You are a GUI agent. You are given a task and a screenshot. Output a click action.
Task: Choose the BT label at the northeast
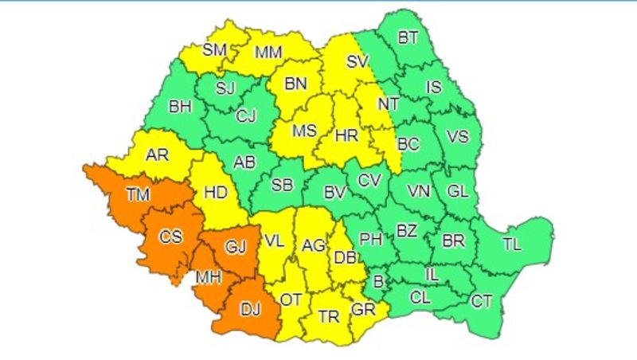click(408, 37)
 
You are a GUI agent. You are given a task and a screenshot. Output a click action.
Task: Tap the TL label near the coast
click(511, 245)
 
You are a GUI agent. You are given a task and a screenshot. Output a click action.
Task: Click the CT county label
click(482, 301)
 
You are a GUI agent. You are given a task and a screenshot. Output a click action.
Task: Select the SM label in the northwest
click(214, 49)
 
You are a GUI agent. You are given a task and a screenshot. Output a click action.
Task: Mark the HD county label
click(217, 191)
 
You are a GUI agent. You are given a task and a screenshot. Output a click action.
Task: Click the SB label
click(282, 184)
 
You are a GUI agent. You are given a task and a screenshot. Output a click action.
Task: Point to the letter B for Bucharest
click(378, 280)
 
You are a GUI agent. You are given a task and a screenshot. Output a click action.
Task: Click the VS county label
click(456, 137)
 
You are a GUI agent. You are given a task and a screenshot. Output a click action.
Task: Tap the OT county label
click(291, 299)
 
